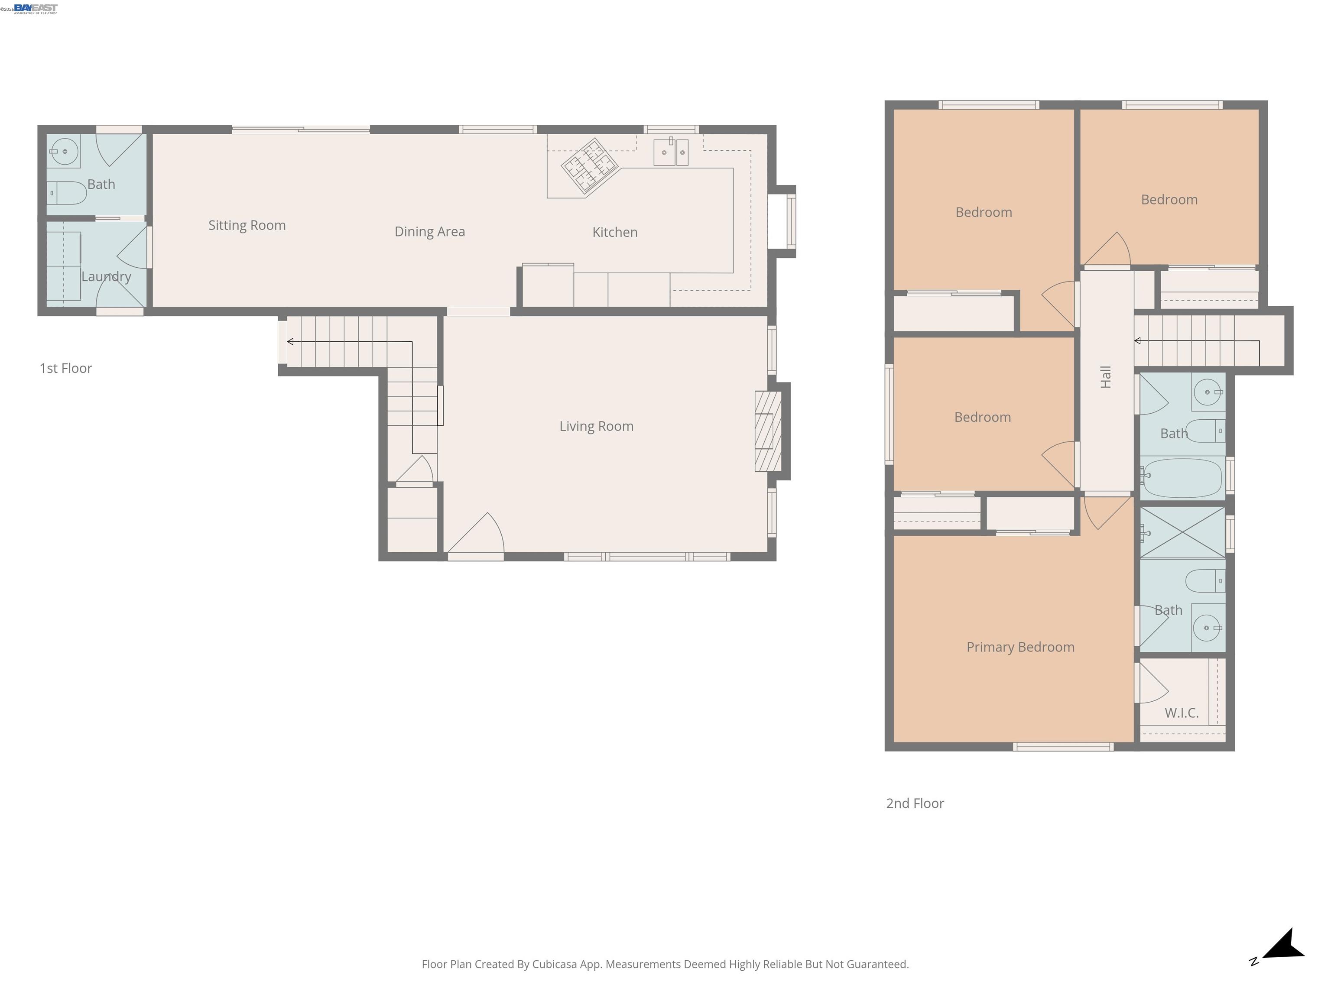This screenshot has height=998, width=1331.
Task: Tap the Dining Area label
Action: coord(430,232)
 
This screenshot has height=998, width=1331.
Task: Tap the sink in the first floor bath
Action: coord(65,152)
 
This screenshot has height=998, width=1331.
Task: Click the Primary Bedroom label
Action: coord(1020,647)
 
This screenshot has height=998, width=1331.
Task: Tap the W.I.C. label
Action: coord(1181,713)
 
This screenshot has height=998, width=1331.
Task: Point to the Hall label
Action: coord(1106,377)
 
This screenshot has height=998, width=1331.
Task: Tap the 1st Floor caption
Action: coord(65,368)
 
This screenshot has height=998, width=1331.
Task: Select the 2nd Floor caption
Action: coord(915,804)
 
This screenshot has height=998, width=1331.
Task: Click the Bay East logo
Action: coord(35,8)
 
